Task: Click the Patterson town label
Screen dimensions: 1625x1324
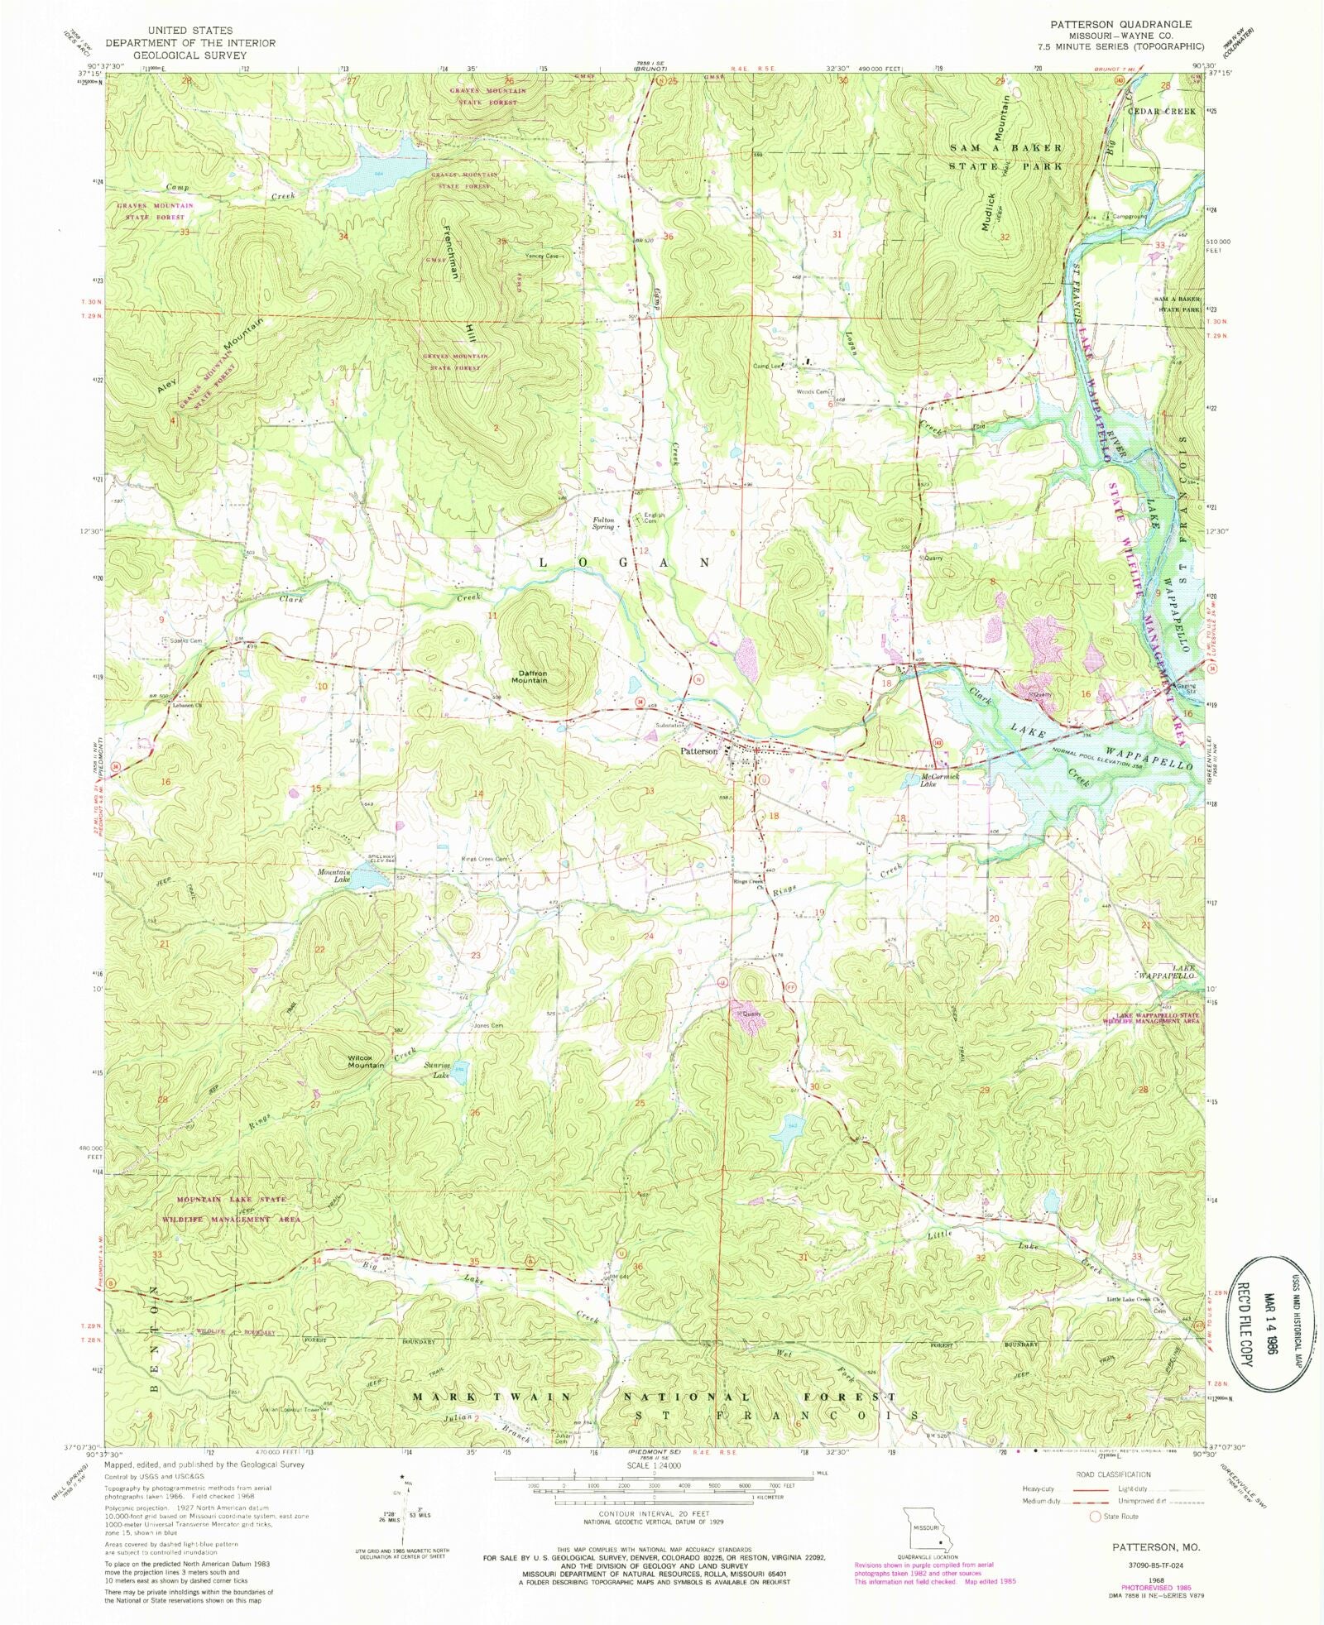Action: tap(698, 751)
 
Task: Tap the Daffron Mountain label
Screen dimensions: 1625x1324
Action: tap(530, 676)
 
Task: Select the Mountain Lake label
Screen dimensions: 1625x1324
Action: tap(334, 875)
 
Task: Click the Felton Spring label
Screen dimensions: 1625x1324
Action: tap(603, 523)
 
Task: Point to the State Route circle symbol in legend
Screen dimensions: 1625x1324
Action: tap(1095, 1516)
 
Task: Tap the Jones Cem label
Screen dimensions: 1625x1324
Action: tap(488, 1026)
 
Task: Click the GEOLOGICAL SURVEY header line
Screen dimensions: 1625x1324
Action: tap(190, 55)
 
